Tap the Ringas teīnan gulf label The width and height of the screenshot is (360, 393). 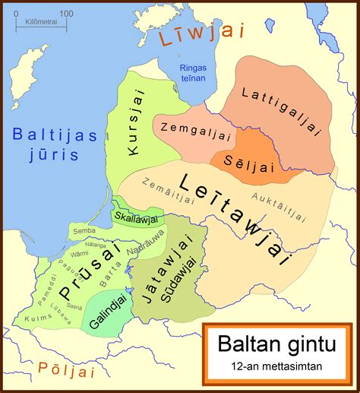pyautogui.click(x=194, y=73)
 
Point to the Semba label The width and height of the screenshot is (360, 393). pyautogui.click(x=84, y=229)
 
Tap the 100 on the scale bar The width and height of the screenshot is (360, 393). pyautogui.click(x=66, y=13)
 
